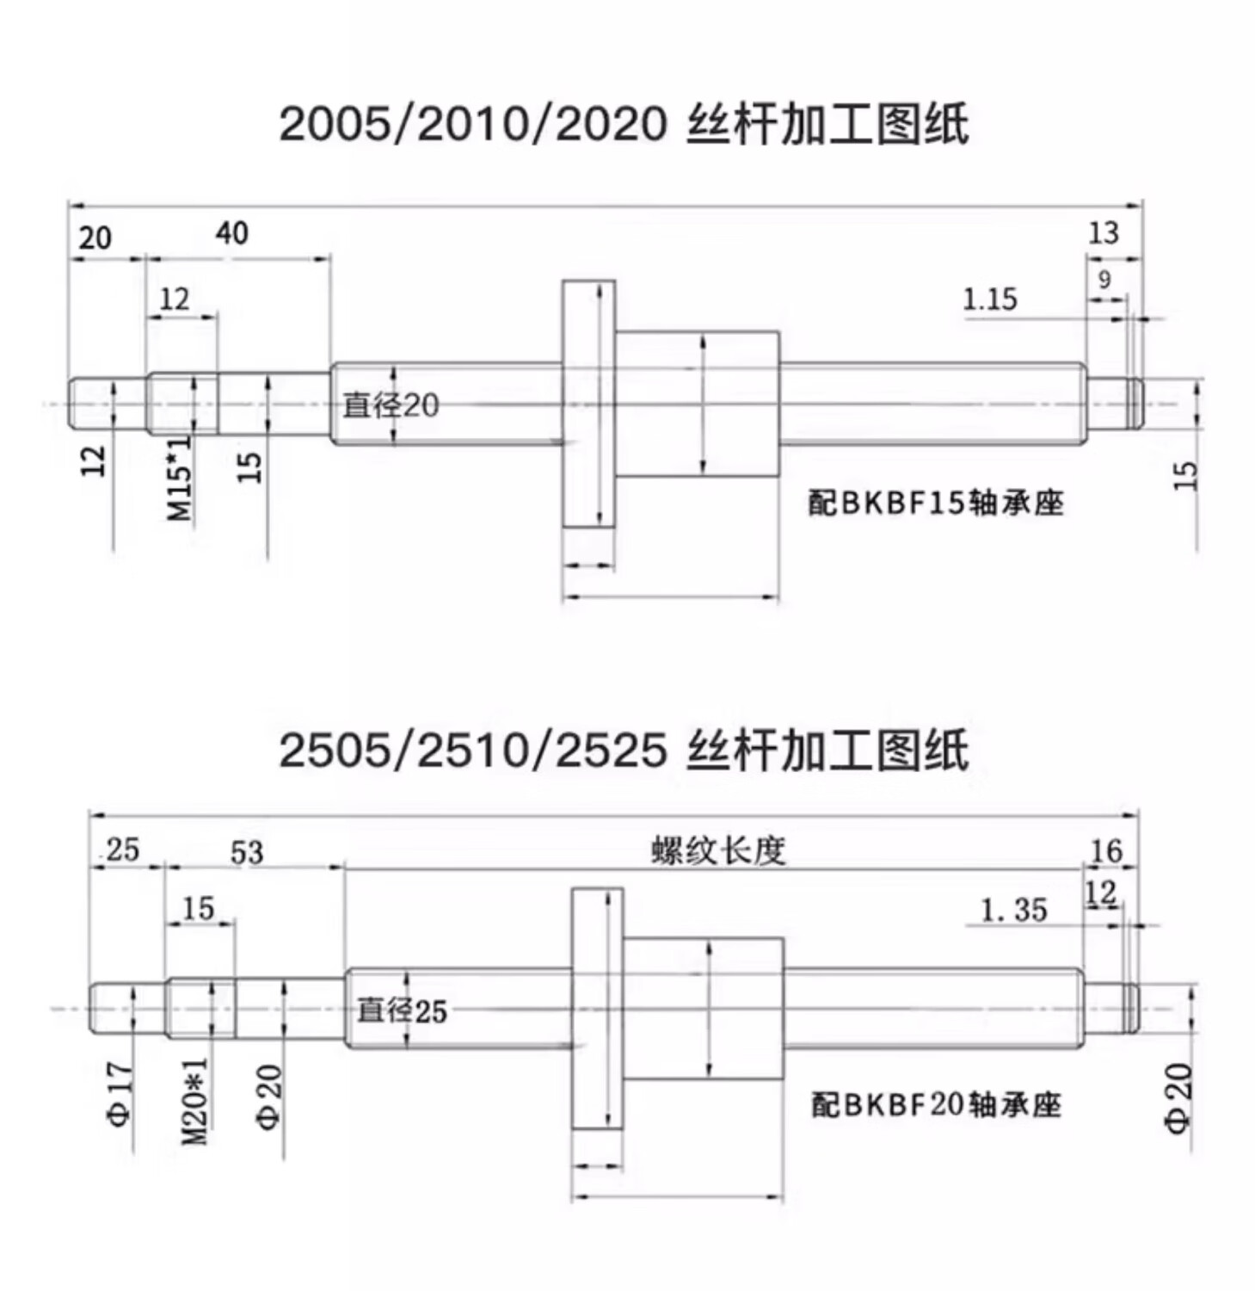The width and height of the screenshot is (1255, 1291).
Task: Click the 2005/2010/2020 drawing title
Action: click(x=624, y=126)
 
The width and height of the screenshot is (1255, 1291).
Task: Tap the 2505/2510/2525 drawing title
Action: click(x=624, y=751)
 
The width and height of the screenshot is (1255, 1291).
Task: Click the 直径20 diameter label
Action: click(x=391, y=405)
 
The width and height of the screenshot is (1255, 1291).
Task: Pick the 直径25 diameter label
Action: click(x=402, y=1010)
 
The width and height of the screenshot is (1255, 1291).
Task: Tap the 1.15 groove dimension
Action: click(x=989, y=300)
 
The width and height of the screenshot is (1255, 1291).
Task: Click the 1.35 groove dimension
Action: click(x=1014, y=910)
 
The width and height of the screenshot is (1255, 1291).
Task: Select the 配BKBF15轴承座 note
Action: click(x=935, y=503)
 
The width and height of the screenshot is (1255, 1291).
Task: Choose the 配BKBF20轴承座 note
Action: click(x=936, y=1104)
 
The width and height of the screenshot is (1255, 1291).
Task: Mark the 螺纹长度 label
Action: click(x=718, y=850)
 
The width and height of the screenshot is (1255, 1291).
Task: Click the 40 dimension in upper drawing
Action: click(x=232, y=232)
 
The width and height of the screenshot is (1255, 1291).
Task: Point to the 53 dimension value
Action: click(x=247, y=852)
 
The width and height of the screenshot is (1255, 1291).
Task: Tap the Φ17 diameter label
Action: click(x=120, y=1096)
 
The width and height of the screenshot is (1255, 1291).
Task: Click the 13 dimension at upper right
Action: click(x=1104, y=232)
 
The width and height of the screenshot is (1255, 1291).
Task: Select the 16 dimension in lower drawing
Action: click(x=1106, y=850)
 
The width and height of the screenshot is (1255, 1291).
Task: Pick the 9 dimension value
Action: click(x=1104, y=280)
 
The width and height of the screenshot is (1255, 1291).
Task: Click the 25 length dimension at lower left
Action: click(x=122, y=850)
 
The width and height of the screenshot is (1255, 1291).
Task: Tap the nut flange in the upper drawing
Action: click(x=588, y=404)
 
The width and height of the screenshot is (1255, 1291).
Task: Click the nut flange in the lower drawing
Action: click(x=597, y=1009)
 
